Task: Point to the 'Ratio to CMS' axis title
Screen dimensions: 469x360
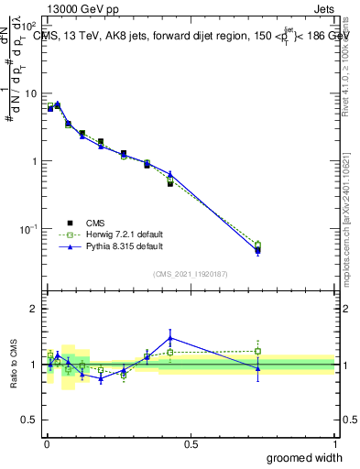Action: pyautogui.click(x=12, y=364)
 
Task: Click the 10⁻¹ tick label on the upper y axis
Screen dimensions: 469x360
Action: pyautogui.click(x=29, y=228)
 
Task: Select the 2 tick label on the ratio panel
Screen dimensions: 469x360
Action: pyautogui.click(x=34, y=309)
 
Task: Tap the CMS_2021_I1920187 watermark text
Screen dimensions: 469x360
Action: pyautogui.click(x=191, y=274)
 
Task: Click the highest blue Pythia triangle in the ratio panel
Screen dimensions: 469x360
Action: pyautogui.click(x=170, y=338)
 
